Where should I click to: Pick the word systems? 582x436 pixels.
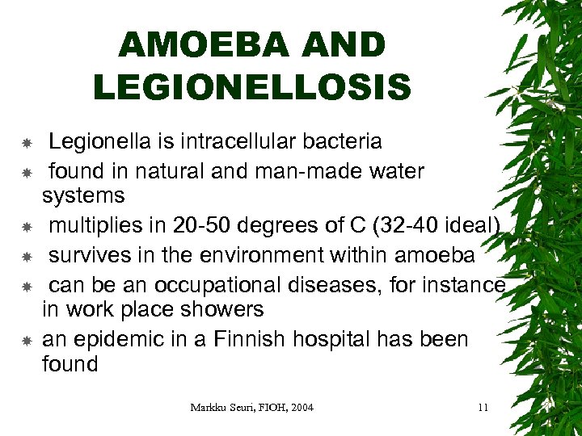click(x=83, y=195)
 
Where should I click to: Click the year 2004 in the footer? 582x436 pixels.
click(x=299, y=408)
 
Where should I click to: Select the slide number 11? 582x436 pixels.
click(x=483, y=408)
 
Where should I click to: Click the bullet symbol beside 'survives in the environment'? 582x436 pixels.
click(x=27, y=258)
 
